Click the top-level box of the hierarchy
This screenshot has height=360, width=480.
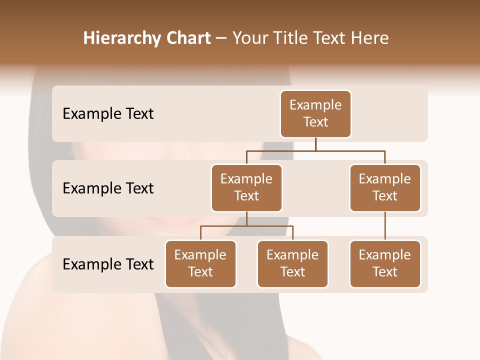click(x=315, y=113)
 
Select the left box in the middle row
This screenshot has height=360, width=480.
click(x=246, y=187)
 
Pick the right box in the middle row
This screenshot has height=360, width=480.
click(x=385, y=187)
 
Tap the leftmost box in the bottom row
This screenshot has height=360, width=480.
click(x=200, y=263)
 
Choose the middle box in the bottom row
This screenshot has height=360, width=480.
click(x=292, y=263)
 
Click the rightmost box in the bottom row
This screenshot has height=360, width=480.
click(x=385, y=263)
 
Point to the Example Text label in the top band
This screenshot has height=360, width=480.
click(x=108, y=114)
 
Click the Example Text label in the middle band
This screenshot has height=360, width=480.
click(x=108, y=188)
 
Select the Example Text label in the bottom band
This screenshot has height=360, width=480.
click(x=108, y=264)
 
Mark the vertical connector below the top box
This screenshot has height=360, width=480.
click(x=315, y=144)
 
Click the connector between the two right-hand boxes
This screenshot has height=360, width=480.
click(x=385, y=226)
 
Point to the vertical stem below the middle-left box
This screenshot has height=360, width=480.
click(x=246, y=219)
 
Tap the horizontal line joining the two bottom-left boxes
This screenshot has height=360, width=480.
click(x=246, y=226)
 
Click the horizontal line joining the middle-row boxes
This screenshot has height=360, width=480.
click(x=315, y=150)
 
